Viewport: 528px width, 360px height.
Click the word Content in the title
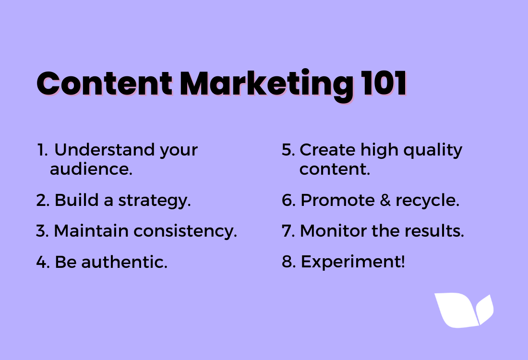point(104,84)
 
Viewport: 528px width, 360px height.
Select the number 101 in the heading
point(384,84)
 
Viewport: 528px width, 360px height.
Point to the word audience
point(91,169)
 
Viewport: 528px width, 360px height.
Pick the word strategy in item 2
point(155,201)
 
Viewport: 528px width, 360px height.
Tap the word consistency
point(185,232)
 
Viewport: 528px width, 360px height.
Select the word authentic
point(124,262)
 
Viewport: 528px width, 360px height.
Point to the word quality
point(432,151)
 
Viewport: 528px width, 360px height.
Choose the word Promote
point(337,200)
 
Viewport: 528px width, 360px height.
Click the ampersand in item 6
point(385,200)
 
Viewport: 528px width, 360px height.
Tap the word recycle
point(427,201)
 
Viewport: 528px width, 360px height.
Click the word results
point(434,231)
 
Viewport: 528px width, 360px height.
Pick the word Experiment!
point(353,263)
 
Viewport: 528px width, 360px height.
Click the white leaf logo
point(464,311)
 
